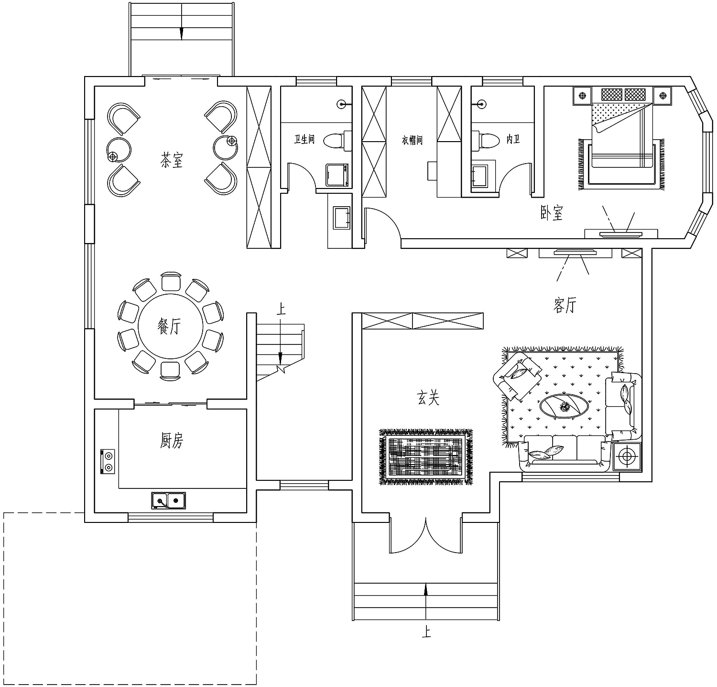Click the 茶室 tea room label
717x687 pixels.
point(172,160)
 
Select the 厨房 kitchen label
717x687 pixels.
point(172,441)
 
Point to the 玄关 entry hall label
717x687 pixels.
point(428,398)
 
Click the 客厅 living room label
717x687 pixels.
point(565,305)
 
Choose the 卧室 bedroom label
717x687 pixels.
point(552,213)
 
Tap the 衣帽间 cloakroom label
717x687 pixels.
point(412,140)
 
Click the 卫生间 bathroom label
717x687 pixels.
point(304,140)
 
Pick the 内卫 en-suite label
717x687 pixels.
point(513,140)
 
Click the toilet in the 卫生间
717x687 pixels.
point(337,141)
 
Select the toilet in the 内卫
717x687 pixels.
point(484,141)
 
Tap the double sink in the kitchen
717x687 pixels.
point(169,500)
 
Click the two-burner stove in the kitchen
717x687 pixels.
point(108,461)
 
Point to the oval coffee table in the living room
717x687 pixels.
point(565,407)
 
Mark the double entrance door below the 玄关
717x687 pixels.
point(425,535)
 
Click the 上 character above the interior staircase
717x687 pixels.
point(281,309)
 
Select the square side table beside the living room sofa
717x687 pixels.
point(626,456)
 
